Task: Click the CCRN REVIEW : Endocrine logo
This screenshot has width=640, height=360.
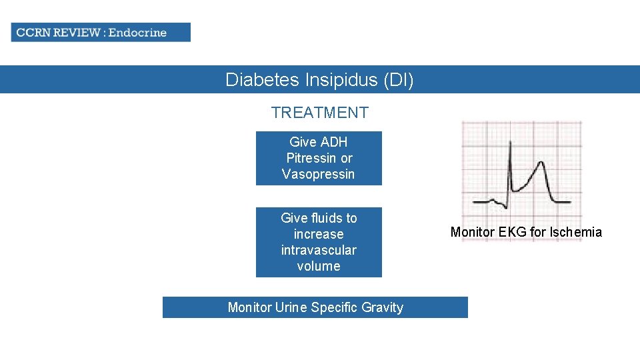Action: [100, 32]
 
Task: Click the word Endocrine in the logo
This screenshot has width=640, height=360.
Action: [137, 32]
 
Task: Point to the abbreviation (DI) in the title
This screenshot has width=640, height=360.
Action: [399, 80]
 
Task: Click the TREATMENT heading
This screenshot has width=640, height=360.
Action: [319, 113]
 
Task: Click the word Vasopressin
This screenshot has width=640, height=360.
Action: [319, 174]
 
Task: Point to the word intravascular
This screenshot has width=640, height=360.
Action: [319, 250]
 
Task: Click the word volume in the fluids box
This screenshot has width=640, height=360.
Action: [319, 266]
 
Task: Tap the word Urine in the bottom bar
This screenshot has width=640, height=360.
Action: [291, 307]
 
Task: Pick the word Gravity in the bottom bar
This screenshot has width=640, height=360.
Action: [382, 307]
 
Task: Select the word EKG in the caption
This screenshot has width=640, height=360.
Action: [511, 232]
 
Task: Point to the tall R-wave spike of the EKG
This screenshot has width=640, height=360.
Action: [509, 143]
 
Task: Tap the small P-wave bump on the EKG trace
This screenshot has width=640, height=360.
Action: [492, 199]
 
